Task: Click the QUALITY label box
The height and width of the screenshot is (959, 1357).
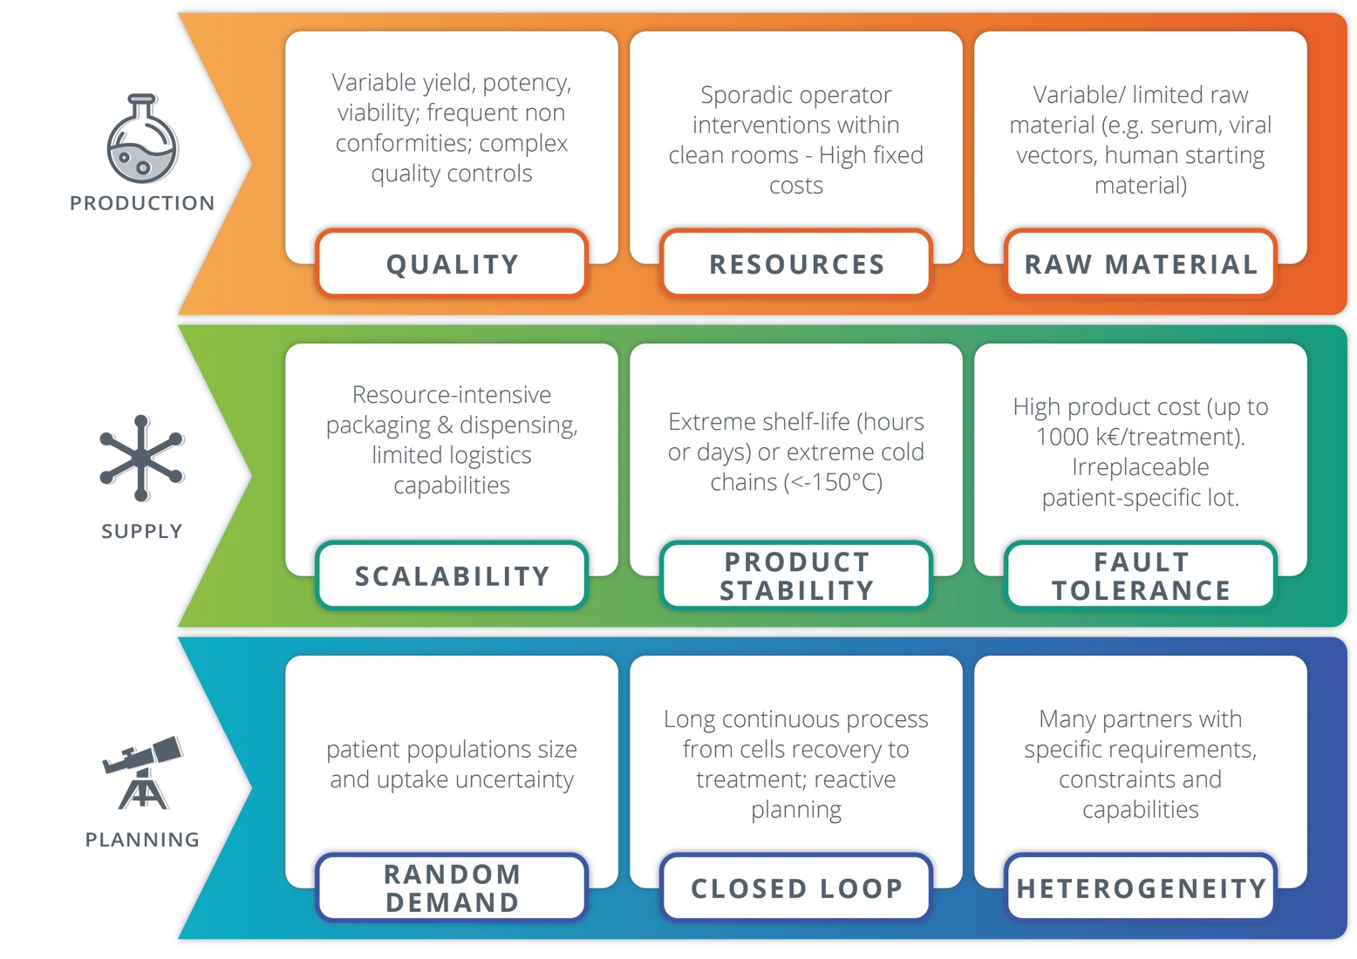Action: (x=452, y=263)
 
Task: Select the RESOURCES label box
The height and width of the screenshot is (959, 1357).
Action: (x=796, y=263)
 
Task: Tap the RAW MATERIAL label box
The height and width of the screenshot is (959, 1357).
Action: (x=1141, y=263)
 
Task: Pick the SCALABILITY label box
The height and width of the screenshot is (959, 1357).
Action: (x=452, y=575)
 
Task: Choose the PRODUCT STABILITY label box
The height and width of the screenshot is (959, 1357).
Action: (x=796, y=575)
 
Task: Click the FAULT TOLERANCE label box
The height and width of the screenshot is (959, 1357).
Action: (x=1141, y=575)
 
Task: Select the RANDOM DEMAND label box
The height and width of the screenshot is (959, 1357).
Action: (x=452, y=888)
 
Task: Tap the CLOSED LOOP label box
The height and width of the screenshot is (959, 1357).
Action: (x=796, y=888)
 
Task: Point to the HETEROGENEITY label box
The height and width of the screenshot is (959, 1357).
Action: (x=1141, y=888)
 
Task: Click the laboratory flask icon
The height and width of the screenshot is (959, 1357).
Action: (x=143, y=141)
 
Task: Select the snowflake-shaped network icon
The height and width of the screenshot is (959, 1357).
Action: (x=142, y=457)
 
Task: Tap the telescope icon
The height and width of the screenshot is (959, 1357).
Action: (x=143, y=773)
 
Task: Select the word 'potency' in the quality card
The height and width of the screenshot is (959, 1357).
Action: (x=525, y=83)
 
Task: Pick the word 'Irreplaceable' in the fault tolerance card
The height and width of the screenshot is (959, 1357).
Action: (x=1140, y=467)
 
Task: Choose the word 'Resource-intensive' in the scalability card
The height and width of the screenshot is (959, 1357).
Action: (x=452, y=395)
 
